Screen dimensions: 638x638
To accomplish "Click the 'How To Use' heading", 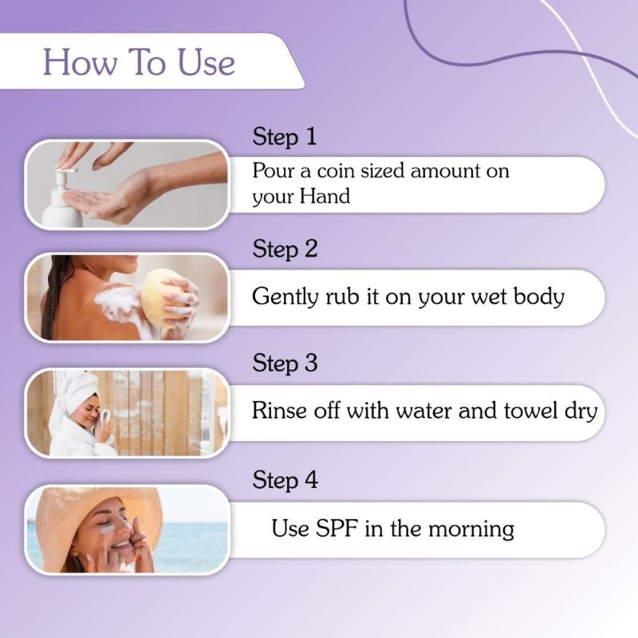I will pyautogui.click(x=139, y=61).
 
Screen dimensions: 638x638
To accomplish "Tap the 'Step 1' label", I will pyautogui.click(x=285, y=136).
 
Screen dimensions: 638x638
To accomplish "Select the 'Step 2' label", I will pyautogui.click(x=285, y=249).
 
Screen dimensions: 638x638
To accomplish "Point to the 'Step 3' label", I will pyautogui.click(x=285, y=364).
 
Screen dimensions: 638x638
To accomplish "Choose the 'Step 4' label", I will pyautogui.click(x=285, y=480).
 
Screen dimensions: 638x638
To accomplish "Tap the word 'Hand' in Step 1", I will pyautogui.click(x=325, y=196).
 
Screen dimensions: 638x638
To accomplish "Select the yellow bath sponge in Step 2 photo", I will pyautogui.click(x=163, y=296).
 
